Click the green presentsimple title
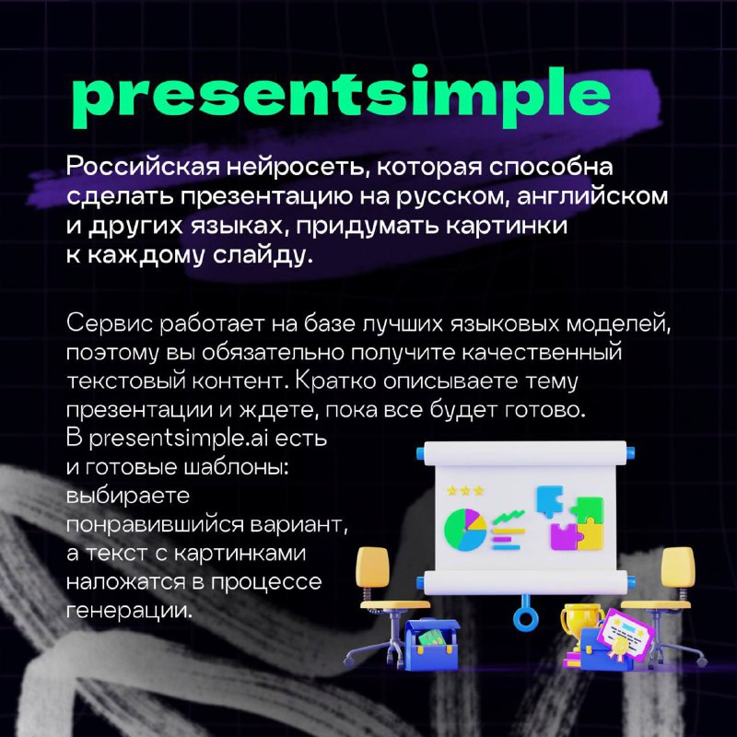click(x=342, y=97)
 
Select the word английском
click(x=592, y=195)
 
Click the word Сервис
click(x=110, y=323)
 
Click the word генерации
click(x=129, y=611)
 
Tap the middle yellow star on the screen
click(x=465, y=491)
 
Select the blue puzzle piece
click(x=549, y=501)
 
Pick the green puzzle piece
click(x=588, y=510)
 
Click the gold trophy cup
click(x=581, y=621)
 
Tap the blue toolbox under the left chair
click(x=432, y=643)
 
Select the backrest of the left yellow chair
click(x=373, y=567)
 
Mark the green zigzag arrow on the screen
click(x=509, y=517)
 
